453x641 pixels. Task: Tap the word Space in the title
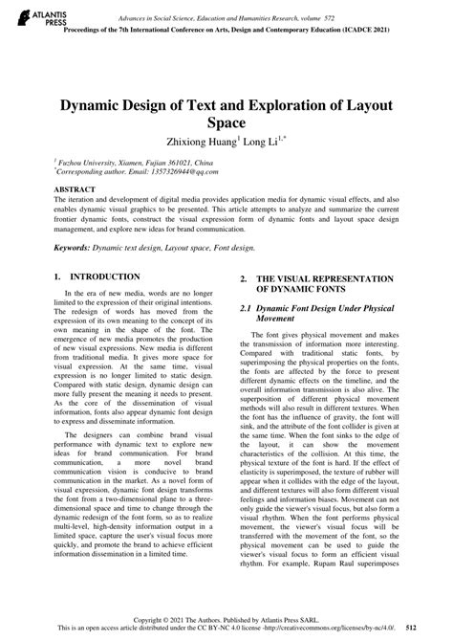click(226, 123)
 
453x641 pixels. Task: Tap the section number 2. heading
click(244, 278)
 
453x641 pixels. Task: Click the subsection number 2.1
click(246, 310)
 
